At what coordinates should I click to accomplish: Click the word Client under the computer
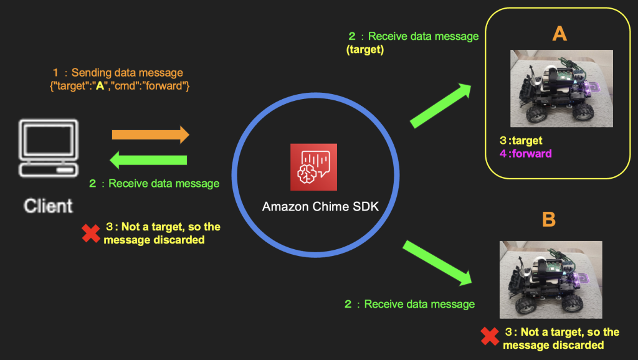(49, 206)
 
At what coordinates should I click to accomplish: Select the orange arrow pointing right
(150, 135)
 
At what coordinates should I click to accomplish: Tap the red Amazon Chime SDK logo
(313, 167)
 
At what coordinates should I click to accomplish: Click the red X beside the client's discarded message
(91, 234)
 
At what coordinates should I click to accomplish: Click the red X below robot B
(490, 338)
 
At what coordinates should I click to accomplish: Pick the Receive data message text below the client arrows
(155, 184)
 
